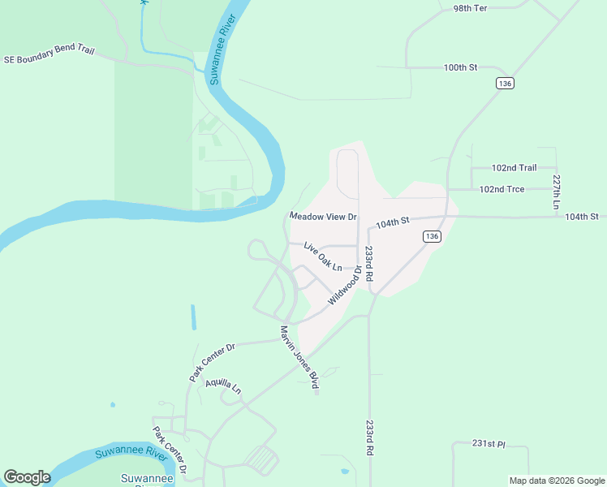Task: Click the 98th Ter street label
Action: tap(470, 7)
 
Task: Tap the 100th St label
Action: tap(461, 67)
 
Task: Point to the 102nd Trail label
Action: tap(514, 168)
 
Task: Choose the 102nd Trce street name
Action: tap(502, 189)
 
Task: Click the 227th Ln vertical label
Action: tap(557, 192)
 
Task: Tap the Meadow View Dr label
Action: tap(324, 217)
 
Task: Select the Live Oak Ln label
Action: tap(323, 256)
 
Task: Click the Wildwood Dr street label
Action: tap(344, 287)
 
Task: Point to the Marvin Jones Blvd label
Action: tap(298, 358)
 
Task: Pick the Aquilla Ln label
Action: tap(223, 386)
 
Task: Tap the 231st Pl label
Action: tap(489, 444)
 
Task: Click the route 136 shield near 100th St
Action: tap(505, 84)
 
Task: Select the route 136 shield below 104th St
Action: tap(431, 236)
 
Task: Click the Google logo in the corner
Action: tap(27, 477)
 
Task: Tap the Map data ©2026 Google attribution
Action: tap(557, 481)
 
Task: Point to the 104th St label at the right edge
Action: tap(582, 217)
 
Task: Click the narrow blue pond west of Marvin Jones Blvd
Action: tap(193, 317)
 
